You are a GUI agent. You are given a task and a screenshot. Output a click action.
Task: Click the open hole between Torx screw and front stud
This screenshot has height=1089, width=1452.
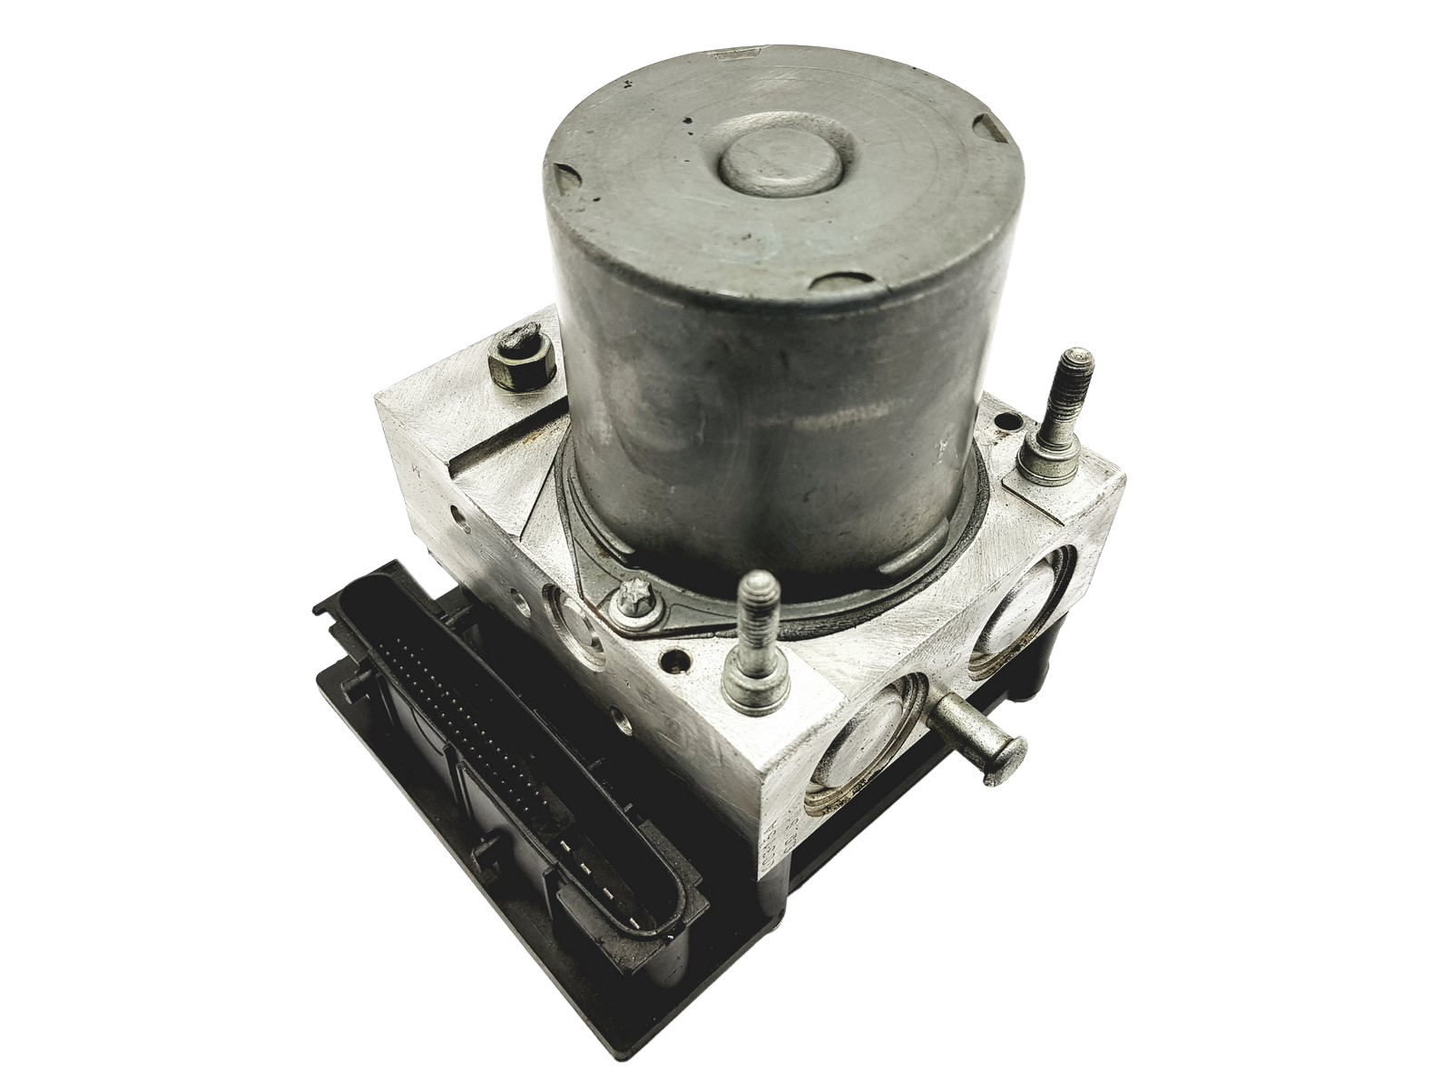672,662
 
